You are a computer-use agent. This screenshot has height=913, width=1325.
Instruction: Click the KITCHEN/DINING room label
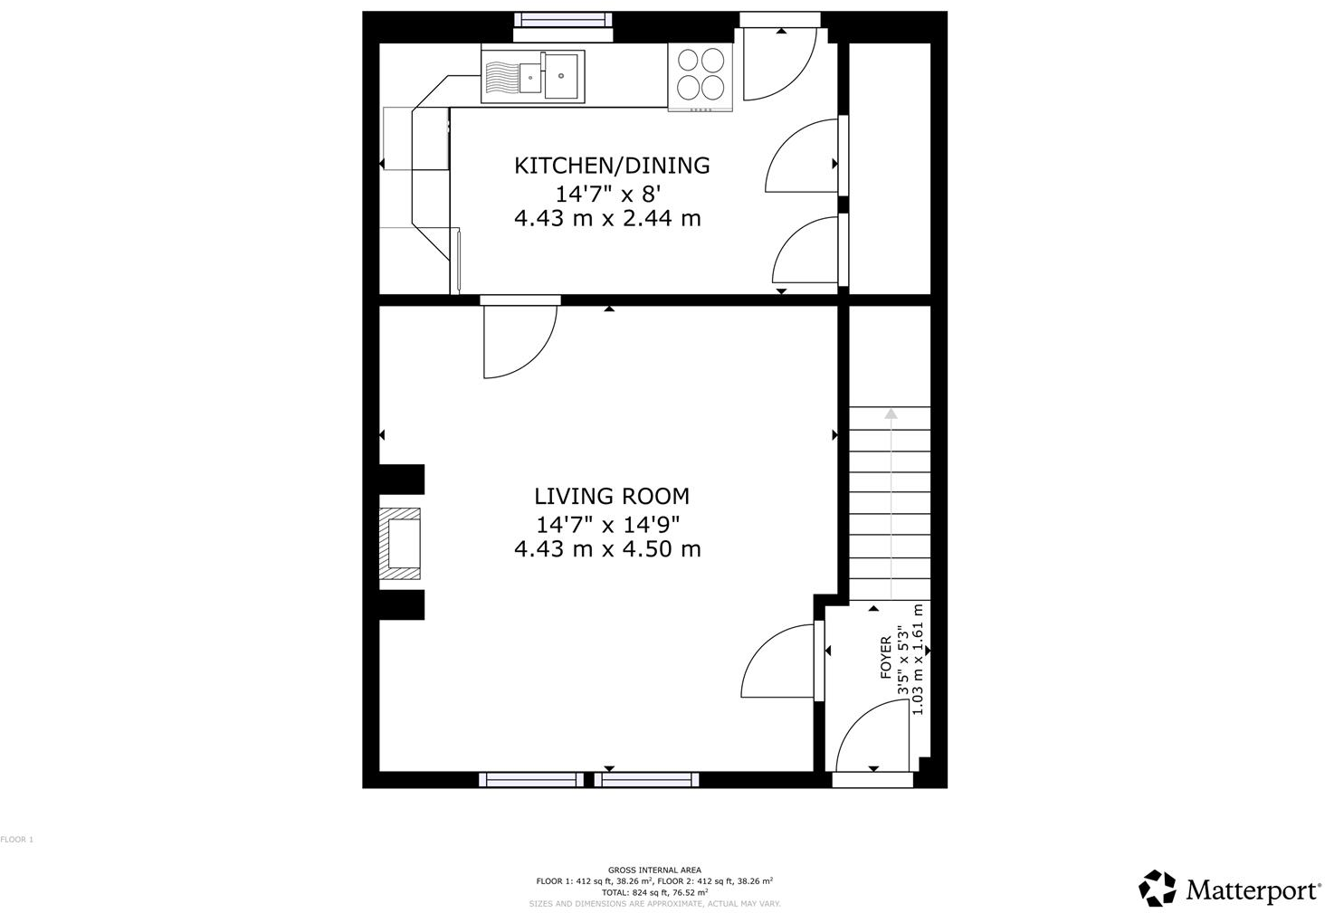pos(612,166)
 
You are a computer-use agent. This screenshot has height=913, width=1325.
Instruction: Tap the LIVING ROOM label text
pos(612,496)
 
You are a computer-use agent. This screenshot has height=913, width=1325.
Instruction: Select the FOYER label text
pos(886,658)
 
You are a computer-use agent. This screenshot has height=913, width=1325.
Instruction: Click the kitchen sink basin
pos(561,74)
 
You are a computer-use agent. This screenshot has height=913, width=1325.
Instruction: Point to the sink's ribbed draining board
pos(500,76)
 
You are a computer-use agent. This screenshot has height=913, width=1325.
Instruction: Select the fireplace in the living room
pos(401,543)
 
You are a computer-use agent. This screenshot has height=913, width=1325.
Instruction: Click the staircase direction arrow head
pos(891,414)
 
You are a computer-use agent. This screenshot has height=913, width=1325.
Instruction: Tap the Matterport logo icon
pos(1158,889)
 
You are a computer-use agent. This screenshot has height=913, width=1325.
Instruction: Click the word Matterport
pos(1252,890)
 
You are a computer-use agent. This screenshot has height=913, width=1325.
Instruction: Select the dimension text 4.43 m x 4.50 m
pos(607,549)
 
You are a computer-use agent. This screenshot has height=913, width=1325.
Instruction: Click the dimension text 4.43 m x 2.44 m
pos(607,218)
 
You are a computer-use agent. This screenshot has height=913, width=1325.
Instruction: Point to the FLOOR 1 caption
pos(16,840)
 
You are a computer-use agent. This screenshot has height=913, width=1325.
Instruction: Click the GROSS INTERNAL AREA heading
pos(654,870)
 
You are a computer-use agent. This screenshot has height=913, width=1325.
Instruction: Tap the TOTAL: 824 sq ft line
pos(654,892)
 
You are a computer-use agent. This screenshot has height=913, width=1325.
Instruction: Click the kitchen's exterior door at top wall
pos(777,62)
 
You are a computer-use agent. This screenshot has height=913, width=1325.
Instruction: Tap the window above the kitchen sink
pos(563,21)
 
